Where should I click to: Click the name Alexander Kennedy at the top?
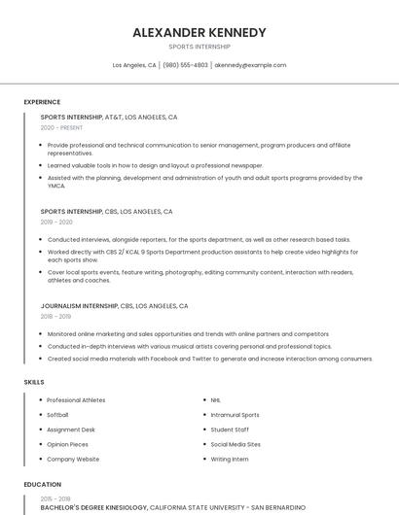199,32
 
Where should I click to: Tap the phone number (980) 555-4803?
185,65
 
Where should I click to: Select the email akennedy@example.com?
250,65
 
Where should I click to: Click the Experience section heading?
42,102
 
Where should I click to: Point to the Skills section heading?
34,382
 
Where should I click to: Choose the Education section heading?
43,484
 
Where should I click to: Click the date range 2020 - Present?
62,127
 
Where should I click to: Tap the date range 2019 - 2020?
56,222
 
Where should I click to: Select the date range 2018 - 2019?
55,316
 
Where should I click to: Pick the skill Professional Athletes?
76,400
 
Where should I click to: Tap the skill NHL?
216,400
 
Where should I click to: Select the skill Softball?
57,415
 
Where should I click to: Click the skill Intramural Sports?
235,415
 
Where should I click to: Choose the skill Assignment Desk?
71,429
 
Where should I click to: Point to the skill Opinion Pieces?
67,444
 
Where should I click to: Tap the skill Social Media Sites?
236,444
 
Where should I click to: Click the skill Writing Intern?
230,459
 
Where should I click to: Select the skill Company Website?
73,459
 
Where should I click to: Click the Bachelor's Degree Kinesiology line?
93,506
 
